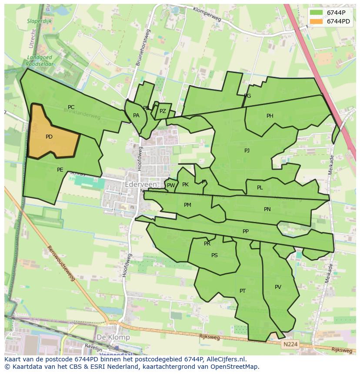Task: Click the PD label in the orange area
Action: tap(49, 137)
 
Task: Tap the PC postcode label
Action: tap(71, 107)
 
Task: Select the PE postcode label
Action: tap(60, 170)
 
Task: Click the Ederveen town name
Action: tap(140, 184)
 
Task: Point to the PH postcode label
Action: tap(270, 116)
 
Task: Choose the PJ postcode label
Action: tap(247, 151)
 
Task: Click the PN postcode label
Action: tap(267, 209)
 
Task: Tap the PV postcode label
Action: tap(278, 287)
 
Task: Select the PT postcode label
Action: tap(243, 291)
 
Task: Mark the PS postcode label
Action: tap(214, 255)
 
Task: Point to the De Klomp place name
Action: tap(113, 337)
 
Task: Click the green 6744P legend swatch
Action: tap(316, 13)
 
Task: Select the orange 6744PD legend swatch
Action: tap(316, 21)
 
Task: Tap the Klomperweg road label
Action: tap(207, 14)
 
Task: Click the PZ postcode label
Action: tap(163, 111)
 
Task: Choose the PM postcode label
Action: tap(187, 205)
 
